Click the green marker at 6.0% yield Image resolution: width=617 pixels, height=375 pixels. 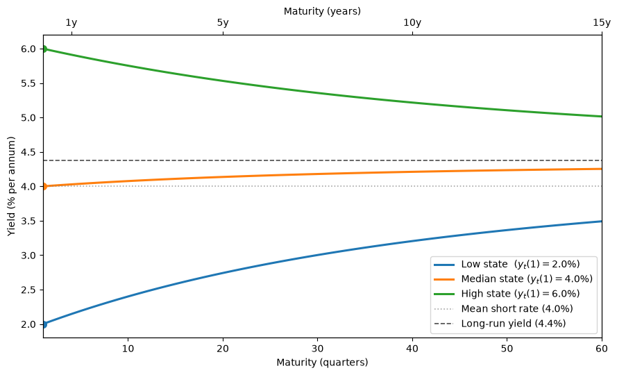coord(44,49)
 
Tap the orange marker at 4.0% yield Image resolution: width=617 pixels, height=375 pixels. coord(44,186)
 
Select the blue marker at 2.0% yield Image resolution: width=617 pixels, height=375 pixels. coord(44,324)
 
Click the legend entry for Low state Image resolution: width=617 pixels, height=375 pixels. coord(507,265)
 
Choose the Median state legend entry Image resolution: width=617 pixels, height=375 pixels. coord(513,279)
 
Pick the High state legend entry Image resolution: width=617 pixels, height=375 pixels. coord(507,294)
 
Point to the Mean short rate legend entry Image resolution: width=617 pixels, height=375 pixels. coord(503,309)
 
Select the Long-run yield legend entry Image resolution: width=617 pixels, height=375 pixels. coord(500,324)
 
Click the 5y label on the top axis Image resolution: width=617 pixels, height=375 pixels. coord(223,23)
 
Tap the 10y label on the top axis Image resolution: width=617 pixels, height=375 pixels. coord(412,23)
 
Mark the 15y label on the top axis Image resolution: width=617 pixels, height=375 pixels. coord(602,23)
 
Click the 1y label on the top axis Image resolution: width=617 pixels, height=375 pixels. coord(71,23)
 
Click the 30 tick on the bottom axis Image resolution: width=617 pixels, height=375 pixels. coord(318,349)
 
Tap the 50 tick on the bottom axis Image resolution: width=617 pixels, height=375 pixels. coord(507,349)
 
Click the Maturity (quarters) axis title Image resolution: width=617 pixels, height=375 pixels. coord(322,362)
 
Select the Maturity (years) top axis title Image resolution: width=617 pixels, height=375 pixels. coord(322,11)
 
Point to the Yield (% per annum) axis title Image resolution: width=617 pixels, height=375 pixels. coord(11,186)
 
